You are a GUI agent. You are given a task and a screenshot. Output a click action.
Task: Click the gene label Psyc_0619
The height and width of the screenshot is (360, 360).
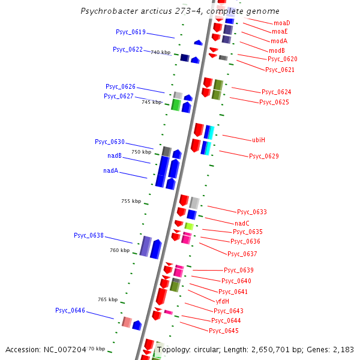coord(130,32)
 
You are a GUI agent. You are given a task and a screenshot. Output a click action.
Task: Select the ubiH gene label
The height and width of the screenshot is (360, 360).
coord(259,140)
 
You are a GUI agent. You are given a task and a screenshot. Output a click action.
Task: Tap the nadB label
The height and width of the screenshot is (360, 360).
coord(115,156)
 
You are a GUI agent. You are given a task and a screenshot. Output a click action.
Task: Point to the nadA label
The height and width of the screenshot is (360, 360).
coord(110,171)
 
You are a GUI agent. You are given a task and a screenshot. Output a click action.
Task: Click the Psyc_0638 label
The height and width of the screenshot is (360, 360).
coord(89,235)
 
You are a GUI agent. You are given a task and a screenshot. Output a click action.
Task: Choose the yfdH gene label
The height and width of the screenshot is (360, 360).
coord(222,301)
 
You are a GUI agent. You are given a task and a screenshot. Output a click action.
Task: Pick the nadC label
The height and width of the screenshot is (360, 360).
coord(242,223)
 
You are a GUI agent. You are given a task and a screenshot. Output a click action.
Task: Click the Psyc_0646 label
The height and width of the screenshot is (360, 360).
coord(70,311)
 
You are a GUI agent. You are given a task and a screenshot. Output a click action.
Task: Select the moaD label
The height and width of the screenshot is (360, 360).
coord(281,23)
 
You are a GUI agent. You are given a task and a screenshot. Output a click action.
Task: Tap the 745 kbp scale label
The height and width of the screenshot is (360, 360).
coord(151,102)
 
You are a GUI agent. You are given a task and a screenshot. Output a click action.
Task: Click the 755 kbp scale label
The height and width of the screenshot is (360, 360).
coord(131,201)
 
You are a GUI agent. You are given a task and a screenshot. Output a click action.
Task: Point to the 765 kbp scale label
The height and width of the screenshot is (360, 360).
coord(107,299)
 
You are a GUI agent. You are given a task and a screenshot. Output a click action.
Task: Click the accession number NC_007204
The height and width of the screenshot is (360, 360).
coord(67,349)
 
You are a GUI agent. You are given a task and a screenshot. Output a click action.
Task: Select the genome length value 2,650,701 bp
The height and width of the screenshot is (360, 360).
coord(279,349)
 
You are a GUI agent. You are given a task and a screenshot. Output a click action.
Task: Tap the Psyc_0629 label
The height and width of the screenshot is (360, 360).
coord(264,156)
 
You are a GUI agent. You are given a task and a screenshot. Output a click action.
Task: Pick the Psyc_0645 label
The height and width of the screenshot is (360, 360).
coord(224,331)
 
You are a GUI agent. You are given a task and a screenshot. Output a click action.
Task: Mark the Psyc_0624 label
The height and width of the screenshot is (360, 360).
coord(277,92)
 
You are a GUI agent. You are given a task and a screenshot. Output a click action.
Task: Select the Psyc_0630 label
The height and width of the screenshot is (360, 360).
coord(110,142)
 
